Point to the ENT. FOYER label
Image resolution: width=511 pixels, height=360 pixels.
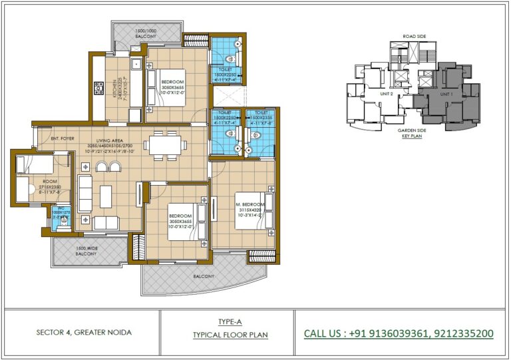tap(64, 140)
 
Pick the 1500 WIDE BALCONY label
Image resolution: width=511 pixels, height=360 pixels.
tap(86, 252)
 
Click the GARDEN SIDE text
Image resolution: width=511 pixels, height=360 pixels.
tap(413, 130)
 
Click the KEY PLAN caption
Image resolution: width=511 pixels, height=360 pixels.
tap(413, 136)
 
